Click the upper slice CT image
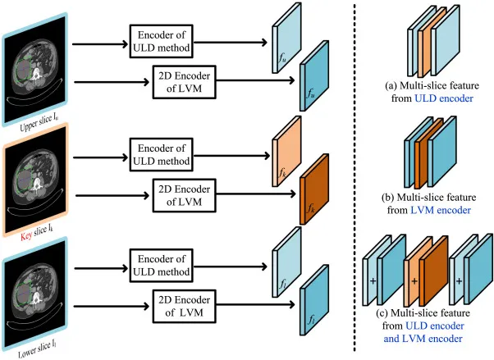coord(35,69)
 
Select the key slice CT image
coord(35,180)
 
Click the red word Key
coord(26,235)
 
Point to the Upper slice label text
coord(39,122)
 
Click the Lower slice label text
coord(37,349)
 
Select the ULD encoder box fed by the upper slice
coord(162,41)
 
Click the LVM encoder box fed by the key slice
coord(185,195)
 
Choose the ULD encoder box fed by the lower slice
coord(162,265)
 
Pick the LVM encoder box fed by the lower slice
coord(185,306)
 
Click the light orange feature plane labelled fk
coord(286,151)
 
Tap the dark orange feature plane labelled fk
coord(314,189)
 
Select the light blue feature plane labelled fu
coord(286,38)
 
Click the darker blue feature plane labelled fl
coord(314,300)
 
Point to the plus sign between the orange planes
coord(414,280)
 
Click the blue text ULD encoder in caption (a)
coord(444,98)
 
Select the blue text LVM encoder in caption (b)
coord(441,210)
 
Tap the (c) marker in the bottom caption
coord(382,313)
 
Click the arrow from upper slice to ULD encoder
coord(100,44)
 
